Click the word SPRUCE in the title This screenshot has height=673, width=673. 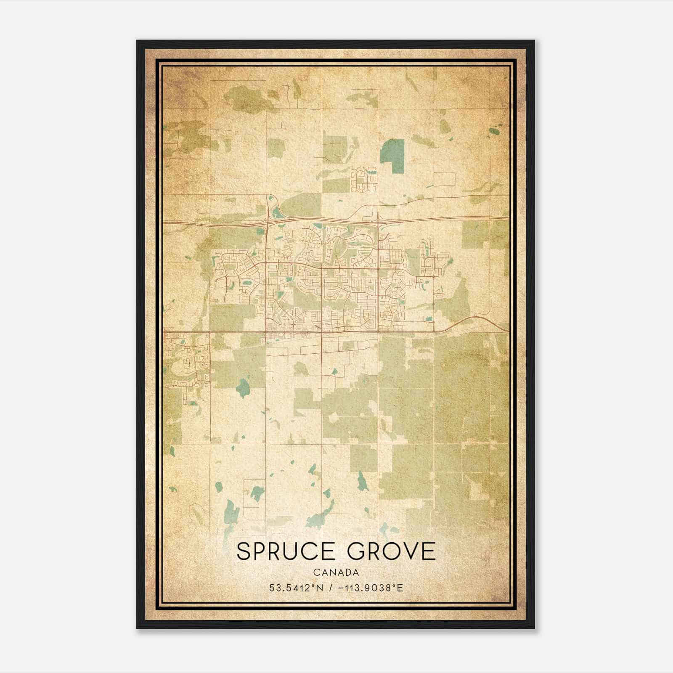point(286,551)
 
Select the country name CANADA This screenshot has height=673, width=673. point(336,572)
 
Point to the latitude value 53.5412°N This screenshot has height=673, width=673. point(296,588)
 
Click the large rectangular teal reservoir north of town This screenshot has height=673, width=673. point(392,156)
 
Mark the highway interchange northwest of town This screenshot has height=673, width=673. point(268,218)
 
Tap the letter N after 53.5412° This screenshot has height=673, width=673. point(320,588)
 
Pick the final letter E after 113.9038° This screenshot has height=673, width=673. point(400,588)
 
